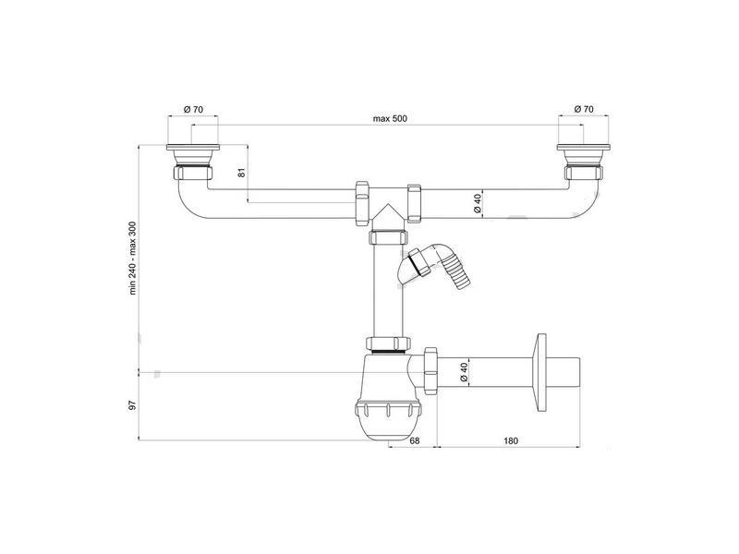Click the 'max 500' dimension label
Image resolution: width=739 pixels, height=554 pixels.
pyautogui.click(x=390, y=118)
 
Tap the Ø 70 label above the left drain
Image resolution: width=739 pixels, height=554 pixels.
pyautogui.click(x=193, y=109)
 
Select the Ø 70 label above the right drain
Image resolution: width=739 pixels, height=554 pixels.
pyautogui.click(x=584, y=109)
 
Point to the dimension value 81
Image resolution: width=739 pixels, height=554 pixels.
pyautogui.click(x=242, y=173)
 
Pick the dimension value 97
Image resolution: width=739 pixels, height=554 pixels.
pyautogui.click(x=132, y=405)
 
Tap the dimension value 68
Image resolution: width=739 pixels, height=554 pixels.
pyautogui.click(x=414, y=441)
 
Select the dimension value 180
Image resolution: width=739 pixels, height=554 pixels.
pyautogui.click(x=511, y=441)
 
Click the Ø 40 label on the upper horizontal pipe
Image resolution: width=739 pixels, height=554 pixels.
pyautogui.click(x=477, y=203)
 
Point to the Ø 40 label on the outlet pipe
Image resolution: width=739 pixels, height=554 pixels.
pyautogui.click(x=464, y=372)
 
